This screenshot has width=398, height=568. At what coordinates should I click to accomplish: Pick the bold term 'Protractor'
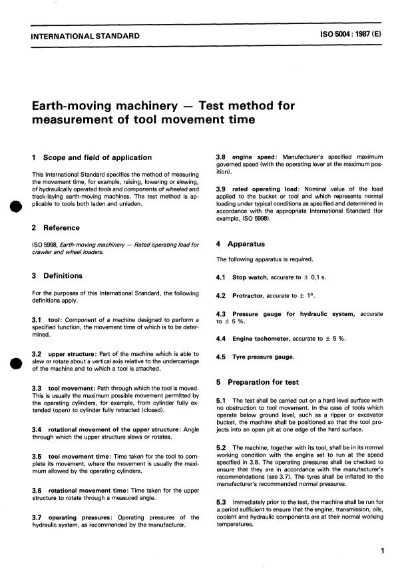coord(249,295)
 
